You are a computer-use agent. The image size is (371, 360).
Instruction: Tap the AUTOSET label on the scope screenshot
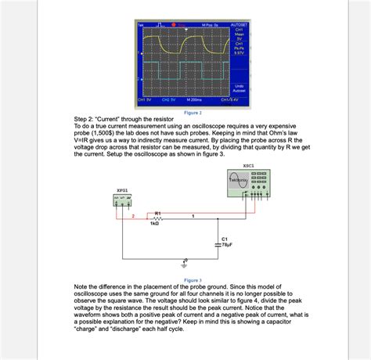pos(239,26)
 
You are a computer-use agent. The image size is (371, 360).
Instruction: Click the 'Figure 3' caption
pos(193,279)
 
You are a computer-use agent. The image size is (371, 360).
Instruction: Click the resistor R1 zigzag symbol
pos(158,218)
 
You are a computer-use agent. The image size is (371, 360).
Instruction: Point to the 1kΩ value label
pos(155,225)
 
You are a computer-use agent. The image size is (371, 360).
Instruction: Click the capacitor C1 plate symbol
pos(217,243)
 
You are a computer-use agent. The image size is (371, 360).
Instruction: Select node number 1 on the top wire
pos(193,214)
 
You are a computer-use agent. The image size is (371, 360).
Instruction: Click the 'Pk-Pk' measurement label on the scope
pos(239,47)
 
